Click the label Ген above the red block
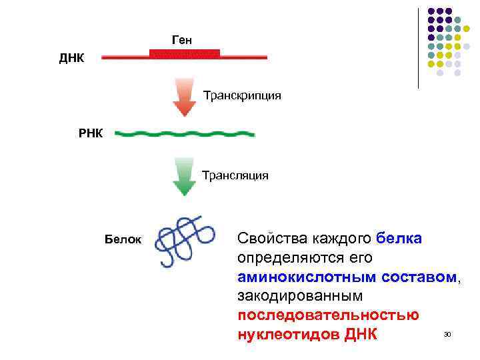click(x=182, y=41)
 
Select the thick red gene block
click(x=185, y=53)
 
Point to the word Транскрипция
click(x=242, y=96)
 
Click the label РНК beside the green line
click(x=91, y=133)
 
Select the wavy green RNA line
click(x=185, y=134)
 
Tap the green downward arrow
click(x=183, y=177)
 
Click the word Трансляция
click(x=235, y=176)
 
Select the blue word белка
click(x=399, y=239)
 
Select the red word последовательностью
click(x=327, y=314)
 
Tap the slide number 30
click(x=447, y=333)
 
